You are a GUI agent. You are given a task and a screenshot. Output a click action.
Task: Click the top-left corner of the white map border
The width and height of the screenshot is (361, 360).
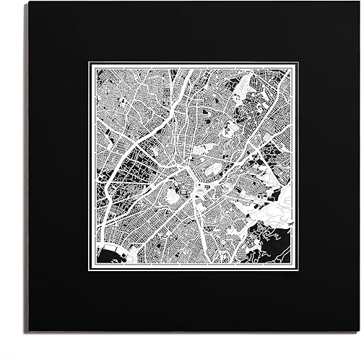pos(90,63)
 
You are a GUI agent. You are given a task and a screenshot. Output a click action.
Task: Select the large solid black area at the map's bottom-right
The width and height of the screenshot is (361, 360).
pos(278,249)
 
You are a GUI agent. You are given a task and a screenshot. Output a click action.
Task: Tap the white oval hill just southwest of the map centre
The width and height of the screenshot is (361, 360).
pos(173,196)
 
